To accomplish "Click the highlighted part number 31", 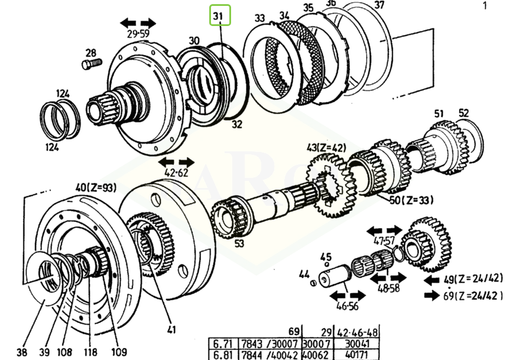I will coord(219,16).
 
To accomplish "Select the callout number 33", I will coord(260,18).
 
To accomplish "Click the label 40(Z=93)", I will coord(96,187).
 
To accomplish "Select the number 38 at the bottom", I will coord(22,352).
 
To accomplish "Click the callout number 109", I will coord(119,352).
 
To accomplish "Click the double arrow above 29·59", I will coord(138,23).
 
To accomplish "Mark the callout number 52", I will coord(463,113).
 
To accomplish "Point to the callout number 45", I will coord(325,257).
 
